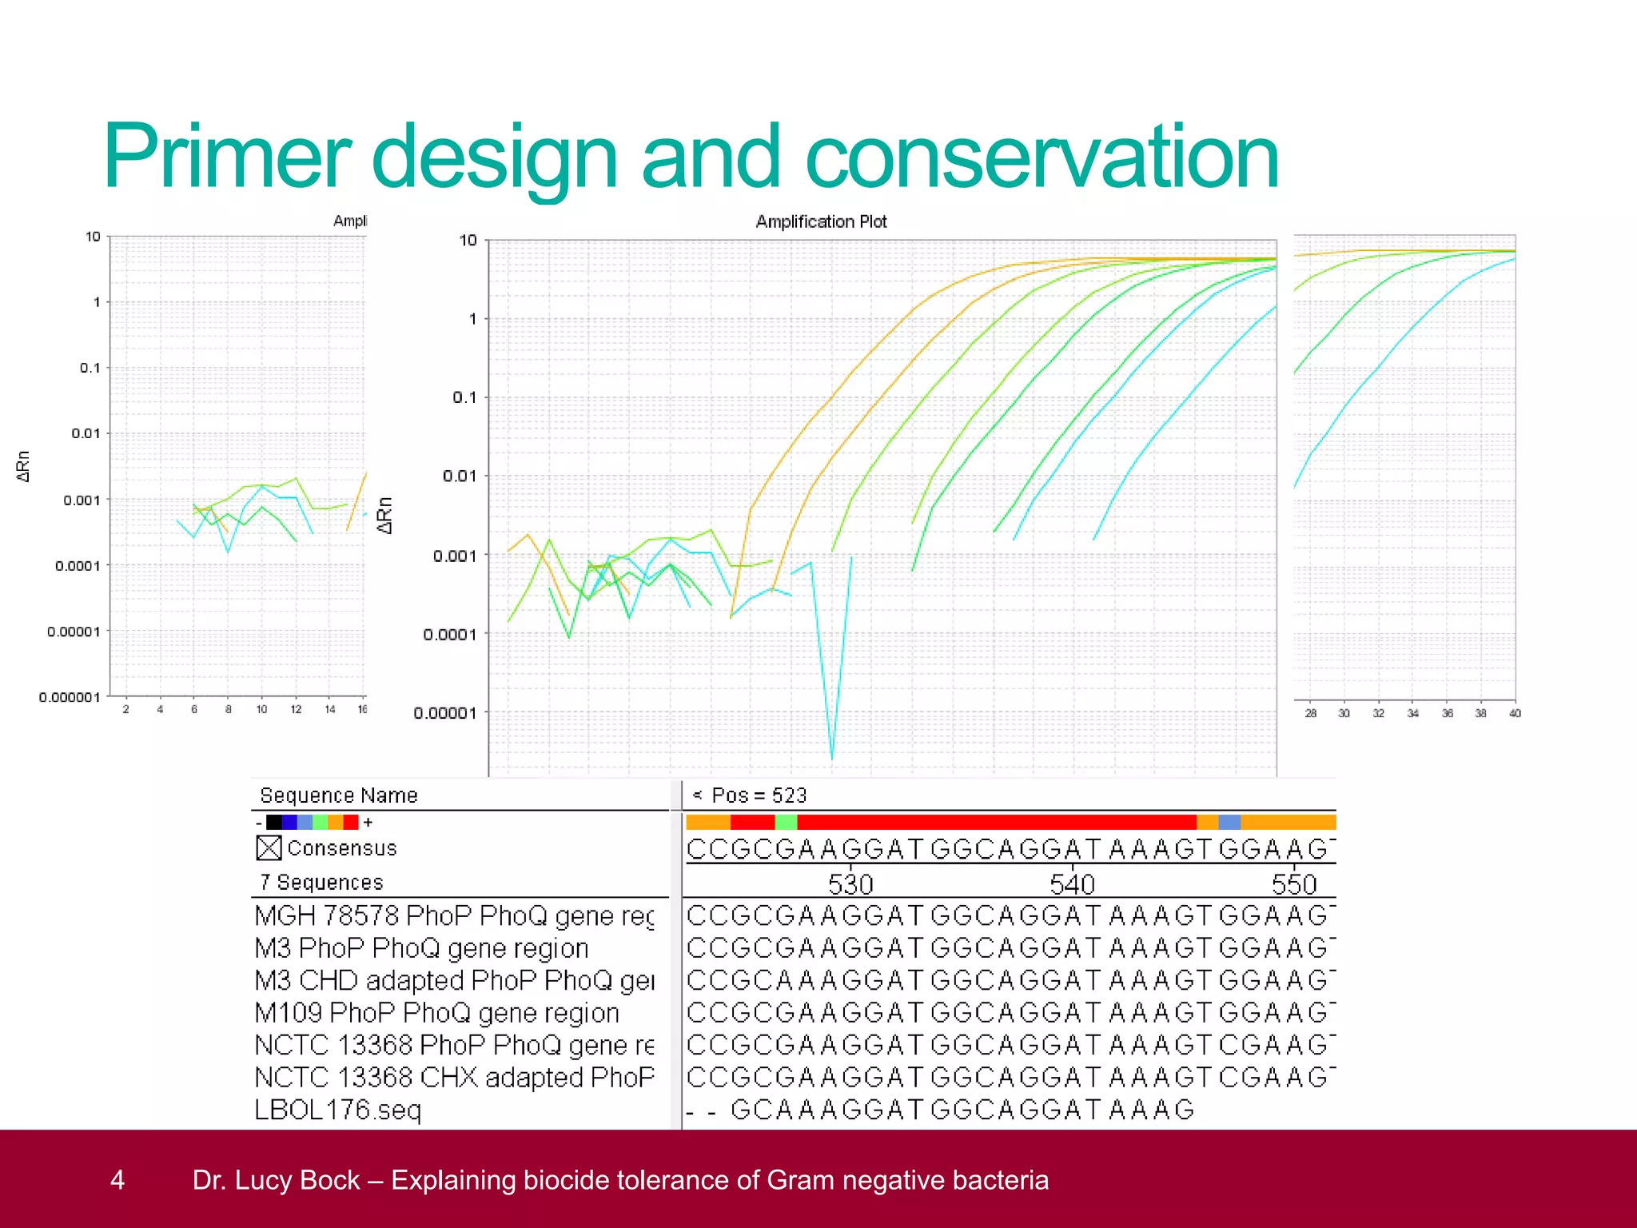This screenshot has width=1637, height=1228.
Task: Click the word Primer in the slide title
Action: click(226, 157)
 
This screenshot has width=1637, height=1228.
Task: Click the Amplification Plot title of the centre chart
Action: click(821, 222)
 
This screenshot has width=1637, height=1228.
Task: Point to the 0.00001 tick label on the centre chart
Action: click(445, 713)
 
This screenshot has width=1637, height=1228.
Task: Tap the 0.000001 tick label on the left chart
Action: click(70, 697)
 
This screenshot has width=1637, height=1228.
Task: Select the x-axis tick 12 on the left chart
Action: click(296, 710)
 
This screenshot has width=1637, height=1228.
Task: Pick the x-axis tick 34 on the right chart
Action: click(1412, 713)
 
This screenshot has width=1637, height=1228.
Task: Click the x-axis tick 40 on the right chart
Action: click(1514, 713)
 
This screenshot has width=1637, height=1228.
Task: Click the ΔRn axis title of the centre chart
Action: click(385, 516)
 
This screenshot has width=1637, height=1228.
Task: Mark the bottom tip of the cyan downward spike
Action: click(832, 758)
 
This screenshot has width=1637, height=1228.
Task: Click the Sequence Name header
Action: click(339, 795)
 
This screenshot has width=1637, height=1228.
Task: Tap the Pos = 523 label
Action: click(758, 795)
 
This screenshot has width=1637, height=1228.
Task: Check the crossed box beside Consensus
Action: click(269, 847)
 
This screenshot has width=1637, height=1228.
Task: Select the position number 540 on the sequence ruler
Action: click(1072, 884)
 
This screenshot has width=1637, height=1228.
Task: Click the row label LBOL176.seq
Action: click(337, 1110)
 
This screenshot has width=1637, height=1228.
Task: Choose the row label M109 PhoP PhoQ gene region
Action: click(436, 1013)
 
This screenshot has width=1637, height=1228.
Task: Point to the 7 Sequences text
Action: click(321, 883)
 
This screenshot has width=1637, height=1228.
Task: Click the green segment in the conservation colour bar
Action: click(786, 822)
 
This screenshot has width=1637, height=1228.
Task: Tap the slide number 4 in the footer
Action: click(117, 1180)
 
